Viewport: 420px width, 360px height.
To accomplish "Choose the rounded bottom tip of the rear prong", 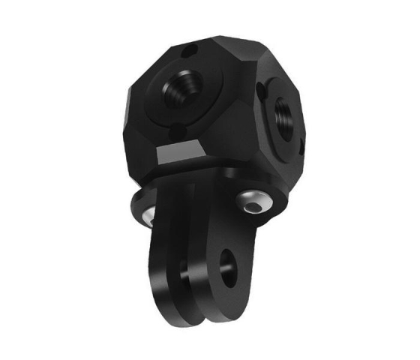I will coord(171,304).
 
